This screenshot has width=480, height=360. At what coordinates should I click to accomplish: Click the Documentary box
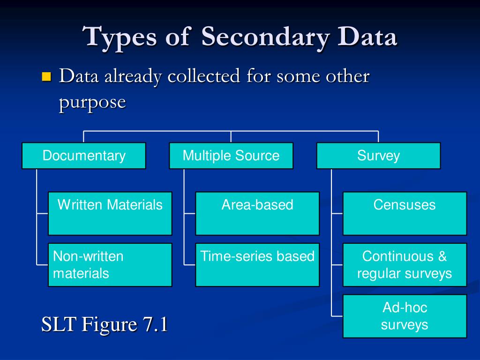click(x=84, y=156)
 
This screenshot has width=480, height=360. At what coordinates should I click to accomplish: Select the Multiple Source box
click(x=231, y=156)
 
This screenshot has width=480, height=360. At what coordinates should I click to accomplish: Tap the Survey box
click(x=378, y=156)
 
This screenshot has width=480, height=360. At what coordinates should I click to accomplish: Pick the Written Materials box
click(x=110, y=213)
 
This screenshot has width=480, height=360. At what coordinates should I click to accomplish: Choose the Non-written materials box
click(x=110, y=264)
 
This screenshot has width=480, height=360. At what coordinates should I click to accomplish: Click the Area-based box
click(x=257, y=213)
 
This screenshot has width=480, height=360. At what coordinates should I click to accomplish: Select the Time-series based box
click(x=257, y=264)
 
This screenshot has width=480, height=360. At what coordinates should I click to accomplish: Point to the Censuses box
click(x=405, y=213)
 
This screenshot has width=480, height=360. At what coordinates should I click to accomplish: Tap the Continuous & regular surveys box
click(x=405, y=264)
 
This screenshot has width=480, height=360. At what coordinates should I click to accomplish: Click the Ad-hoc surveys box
click(x=405, y=316)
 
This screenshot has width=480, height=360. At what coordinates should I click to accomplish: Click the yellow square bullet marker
click(x=46, y=76)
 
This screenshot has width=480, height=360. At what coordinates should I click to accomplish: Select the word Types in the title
click(x=119, y=37)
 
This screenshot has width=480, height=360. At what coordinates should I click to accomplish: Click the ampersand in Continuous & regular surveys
click(x=442, y=256)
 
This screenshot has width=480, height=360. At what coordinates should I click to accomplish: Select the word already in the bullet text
click(x=133, y=76)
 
